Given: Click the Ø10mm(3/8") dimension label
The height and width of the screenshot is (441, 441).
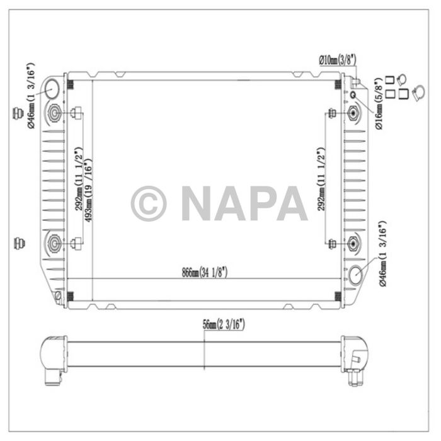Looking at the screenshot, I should pos(337,59).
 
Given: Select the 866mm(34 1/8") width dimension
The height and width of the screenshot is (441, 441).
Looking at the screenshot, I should pos(204,272).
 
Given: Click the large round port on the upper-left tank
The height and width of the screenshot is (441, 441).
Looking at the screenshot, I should pos(55,89).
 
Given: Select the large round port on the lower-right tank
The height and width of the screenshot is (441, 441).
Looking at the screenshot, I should pos(356,275).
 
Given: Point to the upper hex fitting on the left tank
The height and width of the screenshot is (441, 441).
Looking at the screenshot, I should pos(55,114).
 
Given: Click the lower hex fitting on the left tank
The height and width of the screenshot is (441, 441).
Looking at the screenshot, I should pos(55,243).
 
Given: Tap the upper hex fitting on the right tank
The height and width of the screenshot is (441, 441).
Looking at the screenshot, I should pos(353,114).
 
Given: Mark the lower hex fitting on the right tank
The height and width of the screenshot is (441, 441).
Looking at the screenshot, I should pos(353,243).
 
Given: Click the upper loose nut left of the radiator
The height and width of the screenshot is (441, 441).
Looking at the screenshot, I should pos(18,114).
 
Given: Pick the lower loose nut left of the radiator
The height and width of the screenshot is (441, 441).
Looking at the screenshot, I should pos(18,243).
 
